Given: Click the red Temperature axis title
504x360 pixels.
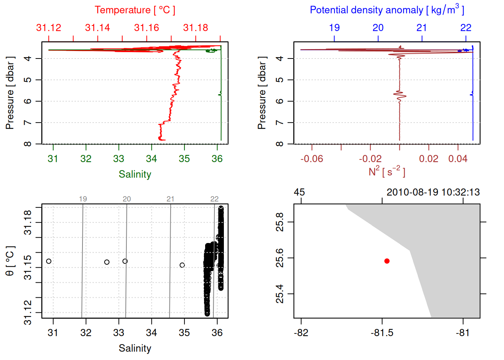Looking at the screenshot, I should coord(135,10).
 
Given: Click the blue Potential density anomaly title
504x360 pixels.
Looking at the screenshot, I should coord(387,10).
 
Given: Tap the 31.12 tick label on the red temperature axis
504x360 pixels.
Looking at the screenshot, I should coord(49,28).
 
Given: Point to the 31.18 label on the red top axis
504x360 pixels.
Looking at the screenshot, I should coord(196,28).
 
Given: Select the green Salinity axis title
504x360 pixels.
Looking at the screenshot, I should coord(135,174).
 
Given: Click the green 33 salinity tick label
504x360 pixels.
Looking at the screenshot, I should coord(118,159).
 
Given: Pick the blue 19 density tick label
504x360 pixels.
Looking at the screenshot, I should coord(334,28).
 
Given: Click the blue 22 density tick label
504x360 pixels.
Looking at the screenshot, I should coord(466,28).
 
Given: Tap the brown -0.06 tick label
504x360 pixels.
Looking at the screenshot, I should coord(312,159).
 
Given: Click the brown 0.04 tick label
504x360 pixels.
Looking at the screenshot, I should coord(458,159).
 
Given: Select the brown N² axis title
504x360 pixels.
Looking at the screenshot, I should coord(387,172).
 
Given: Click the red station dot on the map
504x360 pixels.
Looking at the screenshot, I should coord(387,261).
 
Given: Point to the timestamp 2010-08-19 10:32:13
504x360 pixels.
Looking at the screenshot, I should coord(433,192).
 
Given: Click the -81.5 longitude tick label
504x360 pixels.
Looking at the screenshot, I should coord(382,333).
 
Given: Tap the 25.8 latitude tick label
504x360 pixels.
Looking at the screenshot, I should coord(280,222).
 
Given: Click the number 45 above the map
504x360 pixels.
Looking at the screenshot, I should coord(299,192).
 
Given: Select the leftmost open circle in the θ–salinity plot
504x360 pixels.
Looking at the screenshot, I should coord(49,261).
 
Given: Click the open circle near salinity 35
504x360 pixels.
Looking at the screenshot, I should coord(182,265).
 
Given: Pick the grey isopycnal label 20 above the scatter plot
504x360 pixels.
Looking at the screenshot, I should coord(127,199).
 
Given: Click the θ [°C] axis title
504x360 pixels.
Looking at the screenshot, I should coord(10,261).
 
